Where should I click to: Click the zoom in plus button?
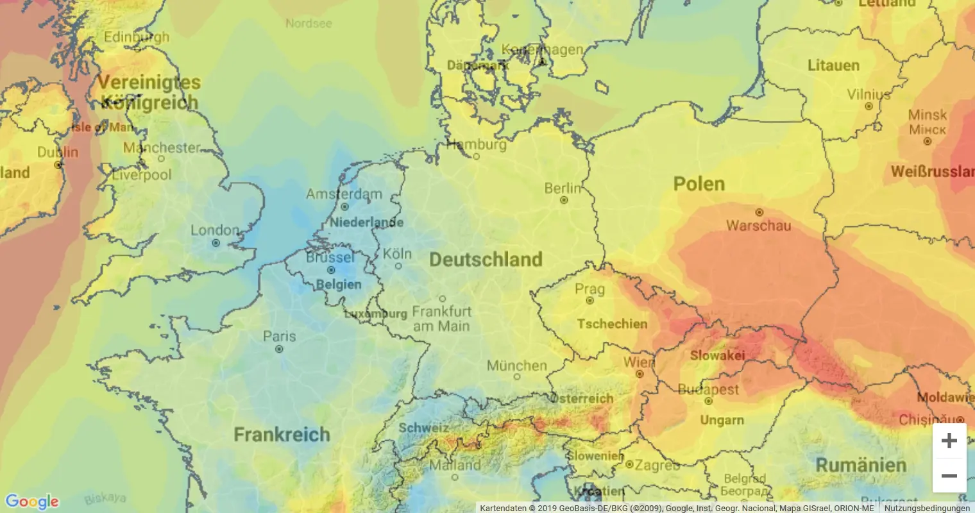[x=949, y=441]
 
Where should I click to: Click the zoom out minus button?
[x=949, y=476]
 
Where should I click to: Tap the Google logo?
[x=31, y=501]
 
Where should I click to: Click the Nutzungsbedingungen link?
[x=927, y=508]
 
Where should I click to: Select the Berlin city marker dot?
[x=564, y=200]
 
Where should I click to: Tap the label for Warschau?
[x=758, y=226]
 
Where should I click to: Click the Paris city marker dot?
[x=279, y=349]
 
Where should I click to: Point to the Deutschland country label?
[x=486, y=260]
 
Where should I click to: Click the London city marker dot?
[x=216, y=243]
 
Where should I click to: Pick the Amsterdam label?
[x=344, y=194]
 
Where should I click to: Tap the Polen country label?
[x=699, y=184]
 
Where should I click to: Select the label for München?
[x=516, y=366]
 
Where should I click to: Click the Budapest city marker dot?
[x=708, y=401]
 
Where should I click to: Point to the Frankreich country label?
[x=282, y=435]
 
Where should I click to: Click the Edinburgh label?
[x=137, y=37]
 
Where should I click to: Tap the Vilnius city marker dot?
[x=869, y=106]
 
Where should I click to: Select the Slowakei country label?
[x=717, y=355]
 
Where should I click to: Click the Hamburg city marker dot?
[x=476, y=156]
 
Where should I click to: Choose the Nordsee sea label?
[x=309, y=23]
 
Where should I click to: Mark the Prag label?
[x=589, y=289]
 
